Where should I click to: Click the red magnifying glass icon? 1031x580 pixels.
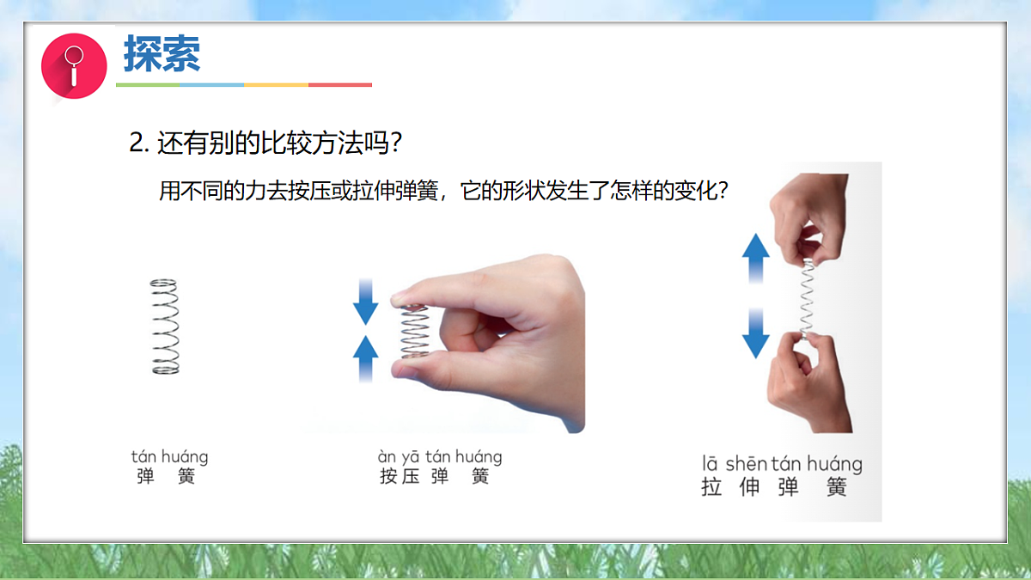74,65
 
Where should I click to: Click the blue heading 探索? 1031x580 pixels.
162,53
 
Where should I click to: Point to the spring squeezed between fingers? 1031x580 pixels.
415,331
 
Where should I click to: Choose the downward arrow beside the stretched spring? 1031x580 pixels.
756,333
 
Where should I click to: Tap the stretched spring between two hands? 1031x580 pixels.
808,297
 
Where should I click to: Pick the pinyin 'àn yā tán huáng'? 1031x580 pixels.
440,456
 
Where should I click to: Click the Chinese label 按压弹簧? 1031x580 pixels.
434,476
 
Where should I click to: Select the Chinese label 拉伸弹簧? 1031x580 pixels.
774,487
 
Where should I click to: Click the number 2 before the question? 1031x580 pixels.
136,143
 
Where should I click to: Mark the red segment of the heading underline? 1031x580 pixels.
340,85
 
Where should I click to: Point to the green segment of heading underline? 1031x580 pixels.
148,85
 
